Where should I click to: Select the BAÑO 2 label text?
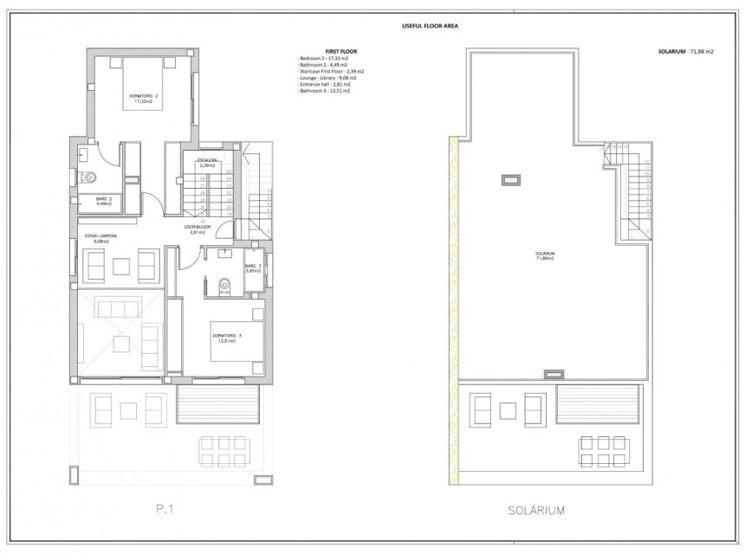104,201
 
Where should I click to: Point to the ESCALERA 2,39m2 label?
206,162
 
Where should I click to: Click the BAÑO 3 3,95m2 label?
252,267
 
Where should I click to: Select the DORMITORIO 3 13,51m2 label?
226,338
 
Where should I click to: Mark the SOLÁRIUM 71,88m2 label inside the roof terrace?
545,255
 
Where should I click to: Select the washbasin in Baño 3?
224,253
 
